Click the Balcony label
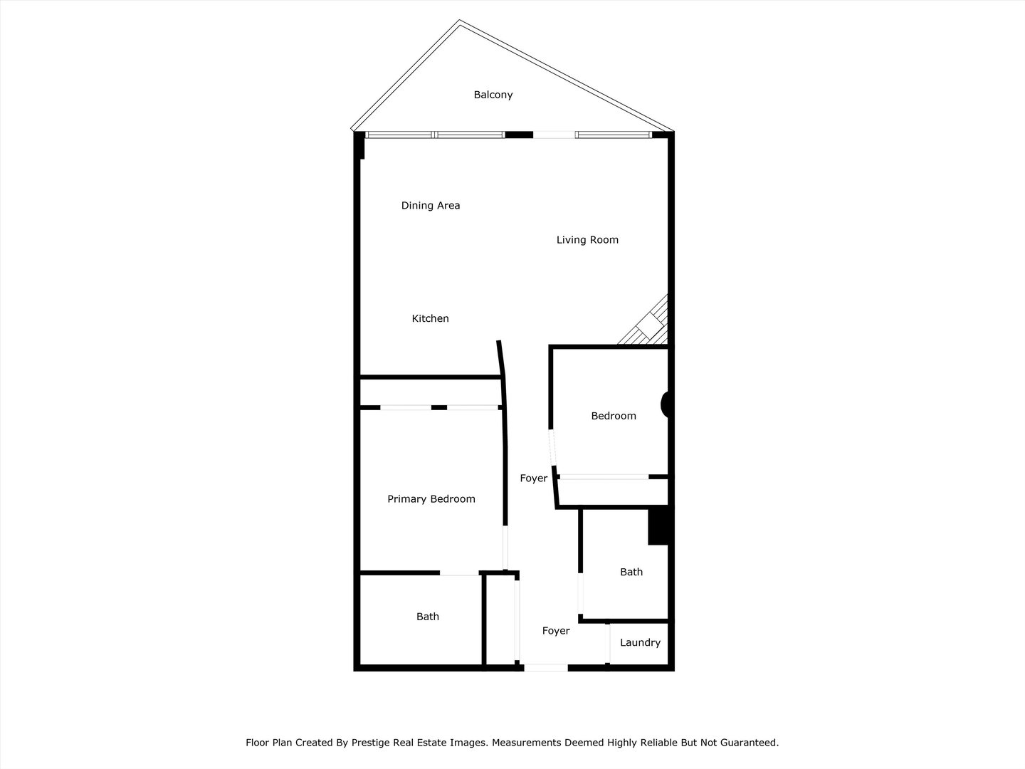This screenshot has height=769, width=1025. (x=493, y=95)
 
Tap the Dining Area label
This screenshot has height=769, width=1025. (x=431, y=206)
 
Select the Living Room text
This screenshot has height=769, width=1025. (x=587, y=240)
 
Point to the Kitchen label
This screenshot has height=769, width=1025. (x=431, y=318)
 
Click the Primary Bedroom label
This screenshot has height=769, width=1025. (x=431, y=499)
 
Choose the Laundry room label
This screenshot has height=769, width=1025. (x=640, y=642)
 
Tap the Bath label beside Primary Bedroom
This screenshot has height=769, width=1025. (x=428, y=617)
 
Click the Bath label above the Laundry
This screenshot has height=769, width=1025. (x=631, y=572)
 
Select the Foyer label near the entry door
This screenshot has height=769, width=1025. (x=556, y=631)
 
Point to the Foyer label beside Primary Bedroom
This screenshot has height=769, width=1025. (x=534, y=478)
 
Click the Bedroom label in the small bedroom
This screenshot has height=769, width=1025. (x=614, y=416)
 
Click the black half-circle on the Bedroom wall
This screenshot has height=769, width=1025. (x=666, y=404)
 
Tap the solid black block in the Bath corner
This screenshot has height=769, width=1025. (x=658, y=527)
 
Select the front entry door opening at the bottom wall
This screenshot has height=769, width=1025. (x=546, y=668)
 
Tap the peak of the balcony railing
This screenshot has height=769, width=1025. (x=460, y=23)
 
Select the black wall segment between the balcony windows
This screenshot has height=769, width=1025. (x=519, y=134)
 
